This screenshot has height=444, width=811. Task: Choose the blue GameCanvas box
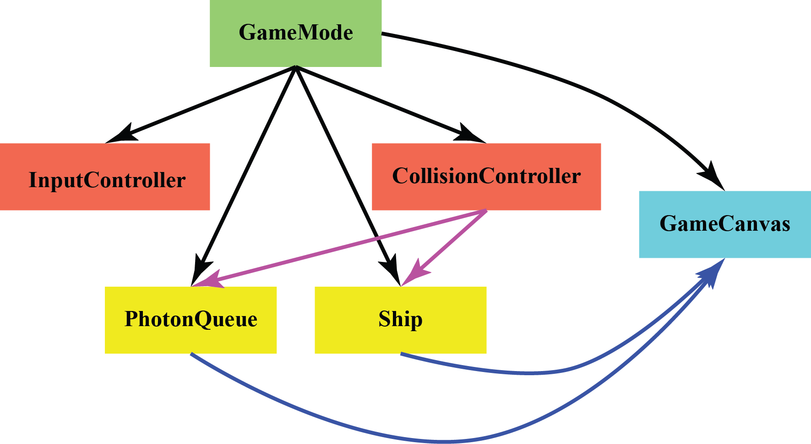[724, 243]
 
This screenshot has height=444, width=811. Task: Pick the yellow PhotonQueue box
[191, 339]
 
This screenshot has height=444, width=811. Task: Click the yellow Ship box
[400, 339]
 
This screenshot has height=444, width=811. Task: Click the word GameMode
[296, 33]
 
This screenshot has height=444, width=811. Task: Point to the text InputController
[107, 180]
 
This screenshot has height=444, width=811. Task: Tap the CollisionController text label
[486, 176]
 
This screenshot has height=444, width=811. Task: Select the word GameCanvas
[724, 224]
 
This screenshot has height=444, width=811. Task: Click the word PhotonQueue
[191, 319]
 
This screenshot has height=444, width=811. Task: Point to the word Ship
[400, 319]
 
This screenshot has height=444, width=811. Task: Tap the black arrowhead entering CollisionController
[472, 134]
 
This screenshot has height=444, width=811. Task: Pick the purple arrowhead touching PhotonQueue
[208, 281]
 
